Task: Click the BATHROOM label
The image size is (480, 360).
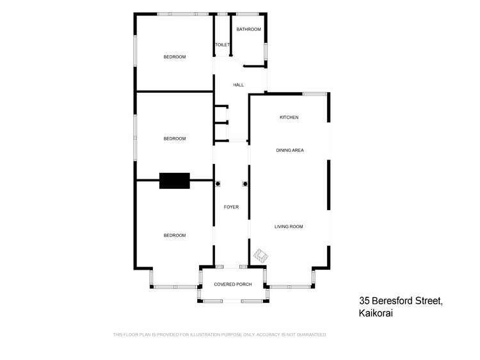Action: [x=248, y=29]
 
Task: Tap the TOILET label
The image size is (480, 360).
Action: [x=222, y=45]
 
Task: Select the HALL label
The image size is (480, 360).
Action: [x=238, y=85]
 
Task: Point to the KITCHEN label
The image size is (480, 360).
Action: [x=289, y=117]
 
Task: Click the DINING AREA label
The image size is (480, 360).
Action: [x=289, y=151]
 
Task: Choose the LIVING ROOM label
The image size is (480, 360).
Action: [x=289, y=227]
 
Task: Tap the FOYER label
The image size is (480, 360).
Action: [x=231, y=207]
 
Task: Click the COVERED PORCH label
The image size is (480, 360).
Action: [x=232, y=284]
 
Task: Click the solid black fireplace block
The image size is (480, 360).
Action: [x=175, y=181]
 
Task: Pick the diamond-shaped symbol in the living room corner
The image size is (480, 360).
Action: [x=260, y=255]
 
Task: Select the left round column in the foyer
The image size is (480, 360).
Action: [x=218, y=184]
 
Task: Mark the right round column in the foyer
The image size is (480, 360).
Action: [x=244, y=184]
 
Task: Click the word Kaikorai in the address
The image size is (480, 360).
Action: [x=376, y=313]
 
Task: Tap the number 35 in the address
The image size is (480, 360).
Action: [x=365, y=300]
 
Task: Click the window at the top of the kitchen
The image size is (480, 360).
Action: [x=315, y=94]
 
